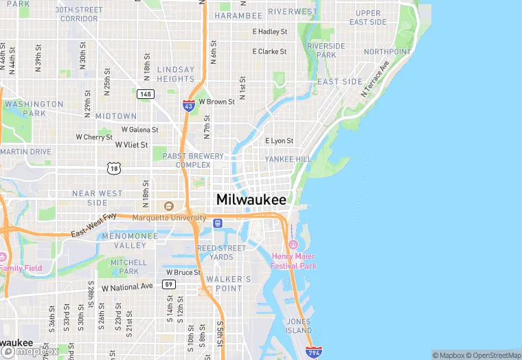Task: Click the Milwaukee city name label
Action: (x=251, y=199)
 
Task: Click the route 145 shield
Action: (x=145, y=94)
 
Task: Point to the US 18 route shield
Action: (x=113, y=167)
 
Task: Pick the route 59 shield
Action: (x=169, y=284)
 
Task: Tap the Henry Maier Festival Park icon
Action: (x=293, y=245)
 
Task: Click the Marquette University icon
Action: (x=169, y=206)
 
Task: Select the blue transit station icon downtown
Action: (x=218, y=223)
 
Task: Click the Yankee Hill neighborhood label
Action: (x=288, y=159)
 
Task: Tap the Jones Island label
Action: (x=299, y=326)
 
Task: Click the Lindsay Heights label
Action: (x=176, y=74)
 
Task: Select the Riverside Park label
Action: (x=326, y=50)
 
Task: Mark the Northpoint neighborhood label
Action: (x=387, y=52)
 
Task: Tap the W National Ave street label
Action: (x=127, y=286)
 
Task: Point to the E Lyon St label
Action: (x=279, y=141)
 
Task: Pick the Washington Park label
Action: (x=33, y=109)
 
